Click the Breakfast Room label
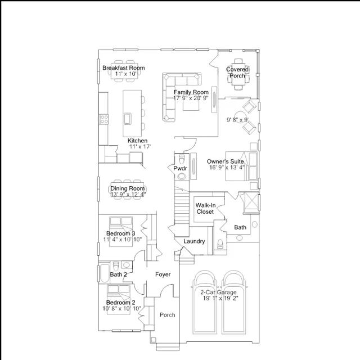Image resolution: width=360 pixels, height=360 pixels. pyautogui.click(x=124, y=68)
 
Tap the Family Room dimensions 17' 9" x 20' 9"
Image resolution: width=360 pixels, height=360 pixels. pyautogui.click(x=191, y=98)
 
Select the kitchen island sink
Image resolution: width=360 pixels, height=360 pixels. pyautogui.click(x=127, y=119)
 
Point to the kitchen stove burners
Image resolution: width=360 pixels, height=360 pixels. pyautogui.click(x=103, y=119)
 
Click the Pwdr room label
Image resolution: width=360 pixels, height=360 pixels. pyautogui.click(x=180, y=169)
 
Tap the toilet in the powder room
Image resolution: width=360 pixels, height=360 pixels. pyautogui.click(x=182, y=159)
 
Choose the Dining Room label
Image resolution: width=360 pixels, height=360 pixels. pyautogui.click(x=128, y=188)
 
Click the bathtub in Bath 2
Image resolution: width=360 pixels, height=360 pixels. pyautogui.click(x=105, y=273)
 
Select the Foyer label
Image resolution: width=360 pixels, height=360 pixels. pyautogui.click(x=163, y=274)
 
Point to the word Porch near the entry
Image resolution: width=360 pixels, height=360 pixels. pyautogui.click(x=168, y=315)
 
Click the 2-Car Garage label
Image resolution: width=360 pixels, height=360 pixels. pyautogui.click(x=218, y=292)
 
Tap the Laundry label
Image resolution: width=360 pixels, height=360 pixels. pyautogui.click(x=194, y=241)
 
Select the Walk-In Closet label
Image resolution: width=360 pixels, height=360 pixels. pyautogui.click(x=205, y=209)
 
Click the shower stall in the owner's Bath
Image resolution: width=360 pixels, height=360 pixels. pyautogui.click(x=251, y=202)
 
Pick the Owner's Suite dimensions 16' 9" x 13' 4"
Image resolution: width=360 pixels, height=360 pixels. pyautogui.click(x=227, y=168)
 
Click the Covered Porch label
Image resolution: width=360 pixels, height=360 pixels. pyautogui.click(x=237, y=73)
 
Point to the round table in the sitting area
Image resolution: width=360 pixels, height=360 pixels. pyautogui.click(x=240, y=118)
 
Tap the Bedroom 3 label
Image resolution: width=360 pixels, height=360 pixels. pyautogui.click(x=121, y=233)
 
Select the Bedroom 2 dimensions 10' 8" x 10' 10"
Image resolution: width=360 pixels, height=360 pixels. pyautogui.click(x=121, y=308)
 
